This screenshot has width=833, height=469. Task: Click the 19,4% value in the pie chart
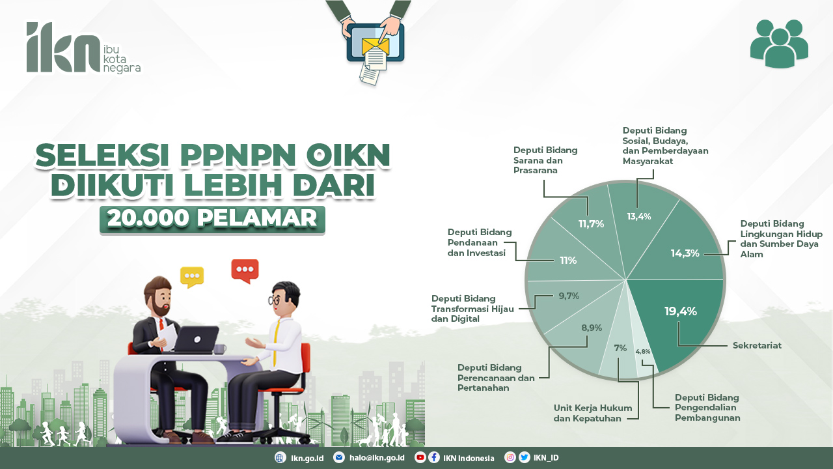pos(681,311)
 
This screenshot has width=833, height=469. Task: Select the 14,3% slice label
pos(685,253)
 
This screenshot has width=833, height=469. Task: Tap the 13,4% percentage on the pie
pos(639,216)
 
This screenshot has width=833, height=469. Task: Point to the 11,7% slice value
pos(591,224)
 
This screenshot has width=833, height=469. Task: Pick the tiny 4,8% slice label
pos(643,352)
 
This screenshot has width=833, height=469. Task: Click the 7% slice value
pos(620,348)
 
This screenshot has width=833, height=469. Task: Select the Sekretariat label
pos(757,346)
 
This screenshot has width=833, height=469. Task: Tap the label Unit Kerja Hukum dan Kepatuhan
pos(587,413)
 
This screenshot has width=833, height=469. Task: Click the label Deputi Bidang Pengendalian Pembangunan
pos(707,407)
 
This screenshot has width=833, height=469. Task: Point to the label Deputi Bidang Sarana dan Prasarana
pos(545,160)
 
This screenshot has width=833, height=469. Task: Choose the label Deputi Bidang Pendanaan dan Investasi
pos(480,242)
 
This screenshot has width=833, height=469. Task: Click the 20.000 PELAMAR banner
pos(212,219)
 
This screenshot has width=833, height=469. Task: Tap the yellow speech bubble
pos(192,276)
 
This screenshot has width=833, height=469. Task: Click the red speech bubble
pos(245,270)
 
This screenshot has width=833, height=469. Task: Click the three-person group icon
pos(779,44)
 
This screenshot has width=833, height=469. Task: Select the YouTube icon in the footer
pos(420,458)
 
